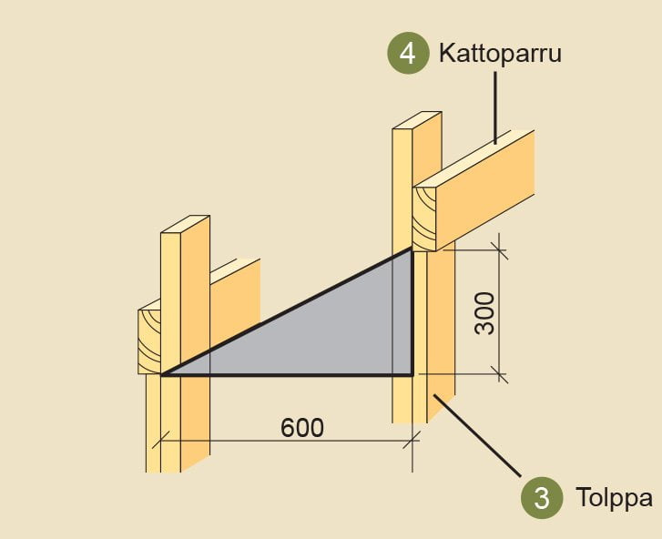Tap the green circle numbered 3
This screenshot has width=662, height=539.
tap(541, 498)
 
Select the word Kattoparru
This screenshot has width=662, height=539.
tap(500, 53)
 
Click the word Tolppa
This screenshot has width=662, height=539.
tap(614, 498)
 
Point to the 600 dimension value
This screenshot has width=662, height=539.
tap(301, 427)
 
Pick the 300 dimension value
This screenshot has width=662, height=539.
tap(485, 312)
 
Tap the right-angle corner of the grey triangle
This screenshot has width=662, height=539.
tap(412, 374)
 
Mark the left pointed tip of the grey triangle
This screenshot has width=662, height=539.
tap(162, 374)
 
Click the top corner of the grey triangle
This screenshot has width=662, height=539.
tap(412, 249)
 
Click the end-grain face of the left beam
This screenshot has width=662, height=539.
tap(148, 341)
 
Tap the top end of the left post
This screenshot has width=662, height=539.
tap(185, 225)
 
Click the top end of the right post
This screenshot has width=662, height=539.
tap(417, 121)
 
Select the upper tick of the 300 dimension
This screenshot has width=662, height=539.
tap(498, 249)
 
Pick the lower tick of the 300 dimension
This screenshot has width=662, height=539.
tap(498, 372)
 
